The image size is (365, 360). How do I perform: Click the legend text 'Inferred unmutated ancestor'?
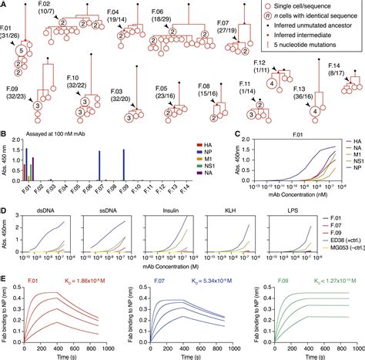click(x=313, y=27)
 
